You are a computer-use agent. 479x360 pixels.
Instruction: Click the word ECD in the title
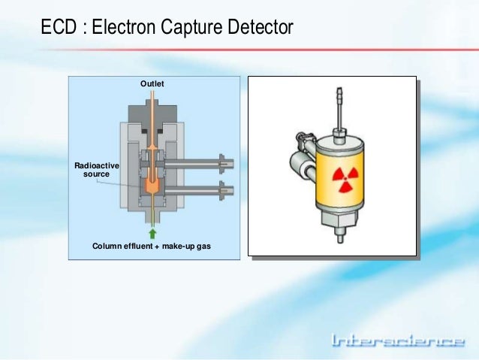[x=58, y=29]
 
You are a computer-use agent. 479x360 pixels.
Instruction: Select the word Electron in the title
[x=123, y=29]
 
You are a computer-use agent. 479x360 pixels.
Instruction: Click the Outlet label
[x=152, y=82]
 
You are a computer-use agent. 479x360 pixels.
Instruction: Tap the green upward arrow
[x=152, y=233]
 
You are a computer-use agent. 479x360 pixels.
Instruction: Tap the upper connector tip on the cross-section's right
[x=222, y=162]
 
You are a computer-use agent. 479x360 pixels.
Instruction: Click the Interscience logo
[x=397, y=342]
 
